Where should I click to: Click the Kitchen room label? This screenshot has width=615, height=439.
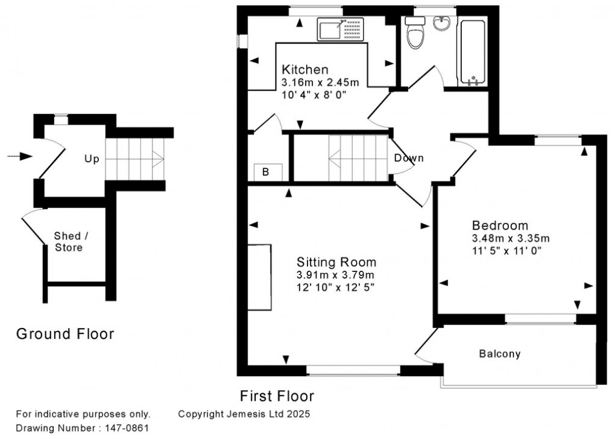point(306,69)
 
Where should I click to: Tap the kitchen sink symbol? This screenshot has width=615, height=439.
point(341,29)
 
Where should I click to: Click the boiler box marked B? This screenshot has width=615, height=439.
point(265,172)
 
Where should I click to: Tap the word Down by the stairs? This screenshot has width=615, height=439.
point(409,158)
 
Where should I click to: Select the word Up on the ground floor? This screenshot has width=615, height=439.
point(92,159)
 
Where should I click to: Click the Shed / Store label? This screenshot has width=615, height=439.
point(68,241)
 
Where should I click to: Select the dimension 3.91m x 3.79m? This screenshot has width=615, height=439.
point(335,275)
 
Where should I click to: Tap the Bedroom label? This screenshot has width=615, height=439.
point(500,226)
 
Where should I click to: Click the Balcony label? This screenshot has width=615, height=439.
point(499,354)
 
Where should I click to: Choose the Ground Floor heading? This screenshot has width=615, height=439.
point(65,333)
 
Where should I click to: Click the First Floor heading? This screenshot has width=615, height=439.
point(277,396)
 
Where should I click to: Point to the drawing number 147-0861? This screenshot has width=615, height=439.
point(124,428)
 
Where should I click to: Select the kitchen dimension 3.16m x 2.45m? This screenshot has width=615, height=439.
point(320,82)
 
